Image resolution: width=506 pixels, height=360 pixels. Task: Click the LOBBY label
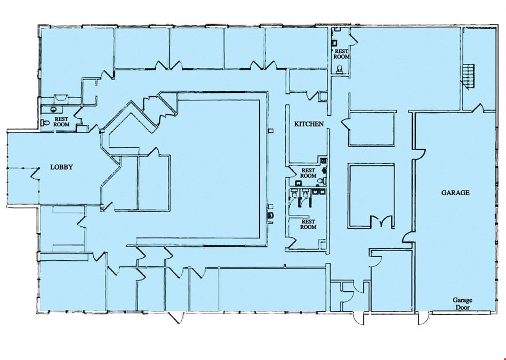(x=61, y=167)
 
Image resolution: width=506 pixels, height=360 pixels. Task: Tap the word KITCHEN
(x=309, y=124)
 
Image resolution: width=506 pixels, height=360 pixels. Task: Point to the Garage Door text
(x=462, y=304)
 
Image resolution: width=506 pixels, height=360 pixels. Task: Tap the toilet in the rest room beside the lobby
(x=45, y=122)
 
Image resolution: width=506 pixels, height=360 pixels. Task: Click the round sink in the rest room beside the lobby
(x=53, y=109)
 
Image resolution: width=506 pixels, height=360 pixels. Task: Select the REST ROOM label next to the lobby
(x=62, y=122)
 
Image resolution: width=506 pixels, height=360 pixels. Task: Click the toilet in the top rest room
(x=340, y=69)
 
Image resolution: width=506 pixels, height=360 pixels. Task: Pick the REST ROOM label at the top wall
(x=341, y=54)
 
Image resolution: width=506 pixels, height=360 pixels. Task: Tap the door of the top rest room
(x=354, y=39)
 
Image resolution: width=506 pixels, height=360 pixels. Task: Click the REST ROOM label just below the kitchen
(x=308, y=173)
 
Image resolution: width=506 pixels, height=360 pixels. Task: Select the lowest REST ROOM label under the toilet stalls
(x=308, y=225)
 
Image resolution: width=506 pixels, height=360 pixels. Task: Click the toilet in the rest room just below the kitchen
(x=320, y=181)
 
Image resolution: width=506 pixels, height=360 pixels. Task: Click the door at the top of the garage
(x=478, y=108)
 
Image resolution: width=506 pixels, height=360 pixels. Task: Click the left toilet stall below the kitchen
(x=294, y=197)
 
